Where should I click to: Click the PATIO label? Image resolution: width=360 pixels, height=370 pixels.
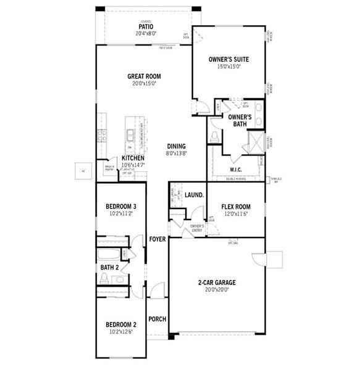pyautogui.click(x=146, y=27)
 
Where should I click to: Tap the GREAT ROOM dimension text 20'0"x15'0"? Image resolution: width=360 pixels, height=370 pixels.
pyautogui.click(x=142, y=83)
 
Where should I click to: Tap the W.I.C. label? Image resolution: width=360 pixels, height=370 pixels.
pyautogui.click(x=235, y=169)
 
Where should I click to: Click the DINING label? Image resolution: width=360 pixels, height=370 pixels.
pyautogui.click(x=177, y=146)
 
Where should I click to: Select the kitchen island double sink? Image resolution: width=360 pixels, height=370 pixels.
pyautogui.click(x=130, y=131)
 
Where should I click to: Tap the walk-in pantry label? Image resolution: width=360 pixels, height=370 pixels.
pyautogui.click(x=110, y=168)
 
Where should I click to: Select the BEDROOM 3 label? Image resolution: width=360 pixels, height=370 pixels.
pyautogui.click(x=120, y=206)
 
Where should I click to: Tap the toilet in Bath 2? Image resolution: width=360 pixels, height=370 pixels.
pyautogui.click(x=104, y=281)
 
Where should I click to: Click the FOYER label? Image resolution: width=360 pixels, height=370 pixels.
pyautogui.click(x=157, y=238)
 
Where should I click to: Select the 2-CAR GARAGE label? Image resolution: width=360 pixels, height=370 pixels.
pyautogui.click(x=216, y=282)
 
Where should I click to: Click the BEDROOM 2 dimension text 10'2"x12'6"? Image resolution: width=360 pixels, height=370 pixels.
pyautogui.click(x=120, y=331)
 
